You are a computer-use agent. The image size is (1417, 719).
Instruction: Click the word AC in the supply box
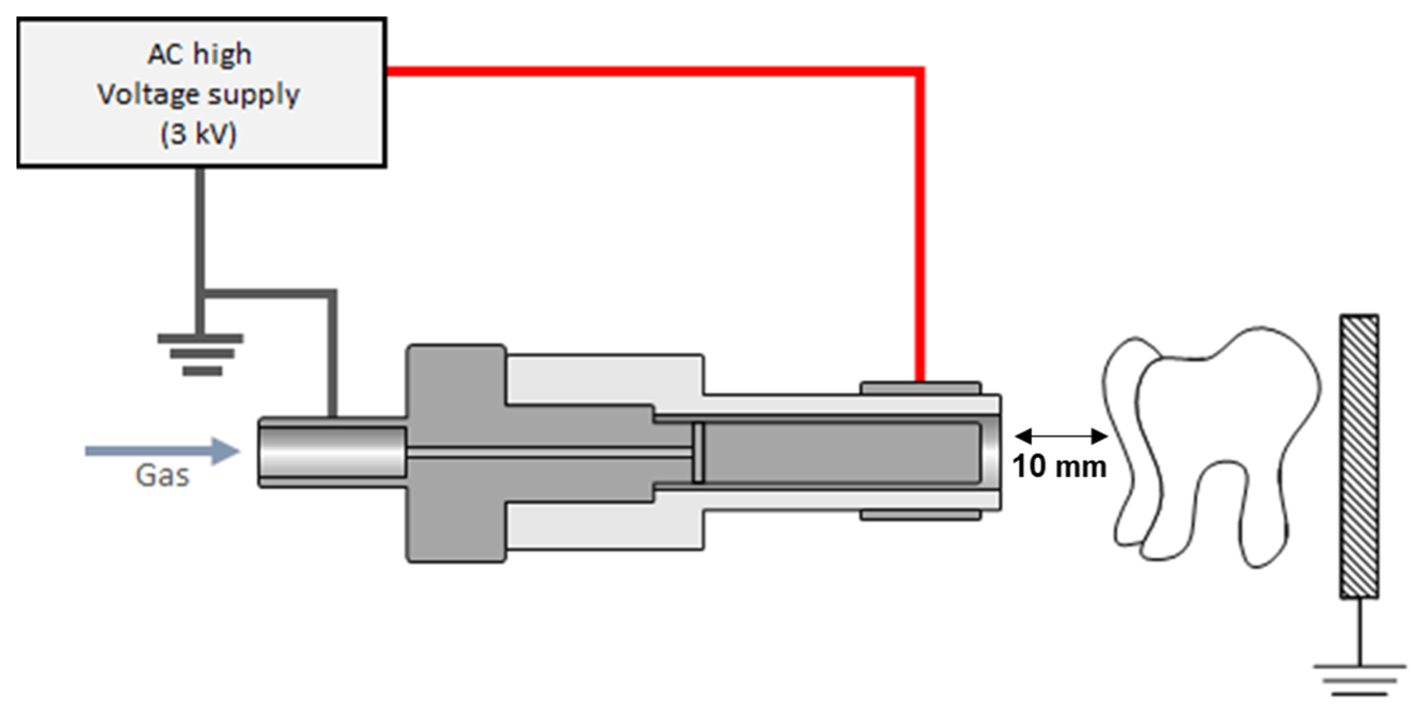click(166, 54)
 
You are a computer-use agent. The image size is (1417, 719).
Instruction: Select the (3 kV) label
click(198, 134)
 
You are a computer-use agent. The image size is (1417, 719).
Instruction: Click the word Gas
click(162, 476)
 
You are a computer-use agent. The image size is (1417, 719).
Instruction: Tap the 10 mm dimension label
click(1059, 466)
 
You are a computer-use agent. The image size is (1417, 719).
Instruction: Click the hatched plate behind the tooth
click(1359, 456)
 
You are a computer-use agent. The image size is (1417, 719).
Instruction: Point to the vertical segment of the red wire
click(920, 220)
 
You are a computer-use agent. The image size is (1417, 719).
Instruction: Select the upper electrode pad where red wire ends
click(920, 388)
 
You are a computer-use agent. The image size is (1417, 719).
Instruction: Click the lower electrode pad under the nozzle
click(920, 515)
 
